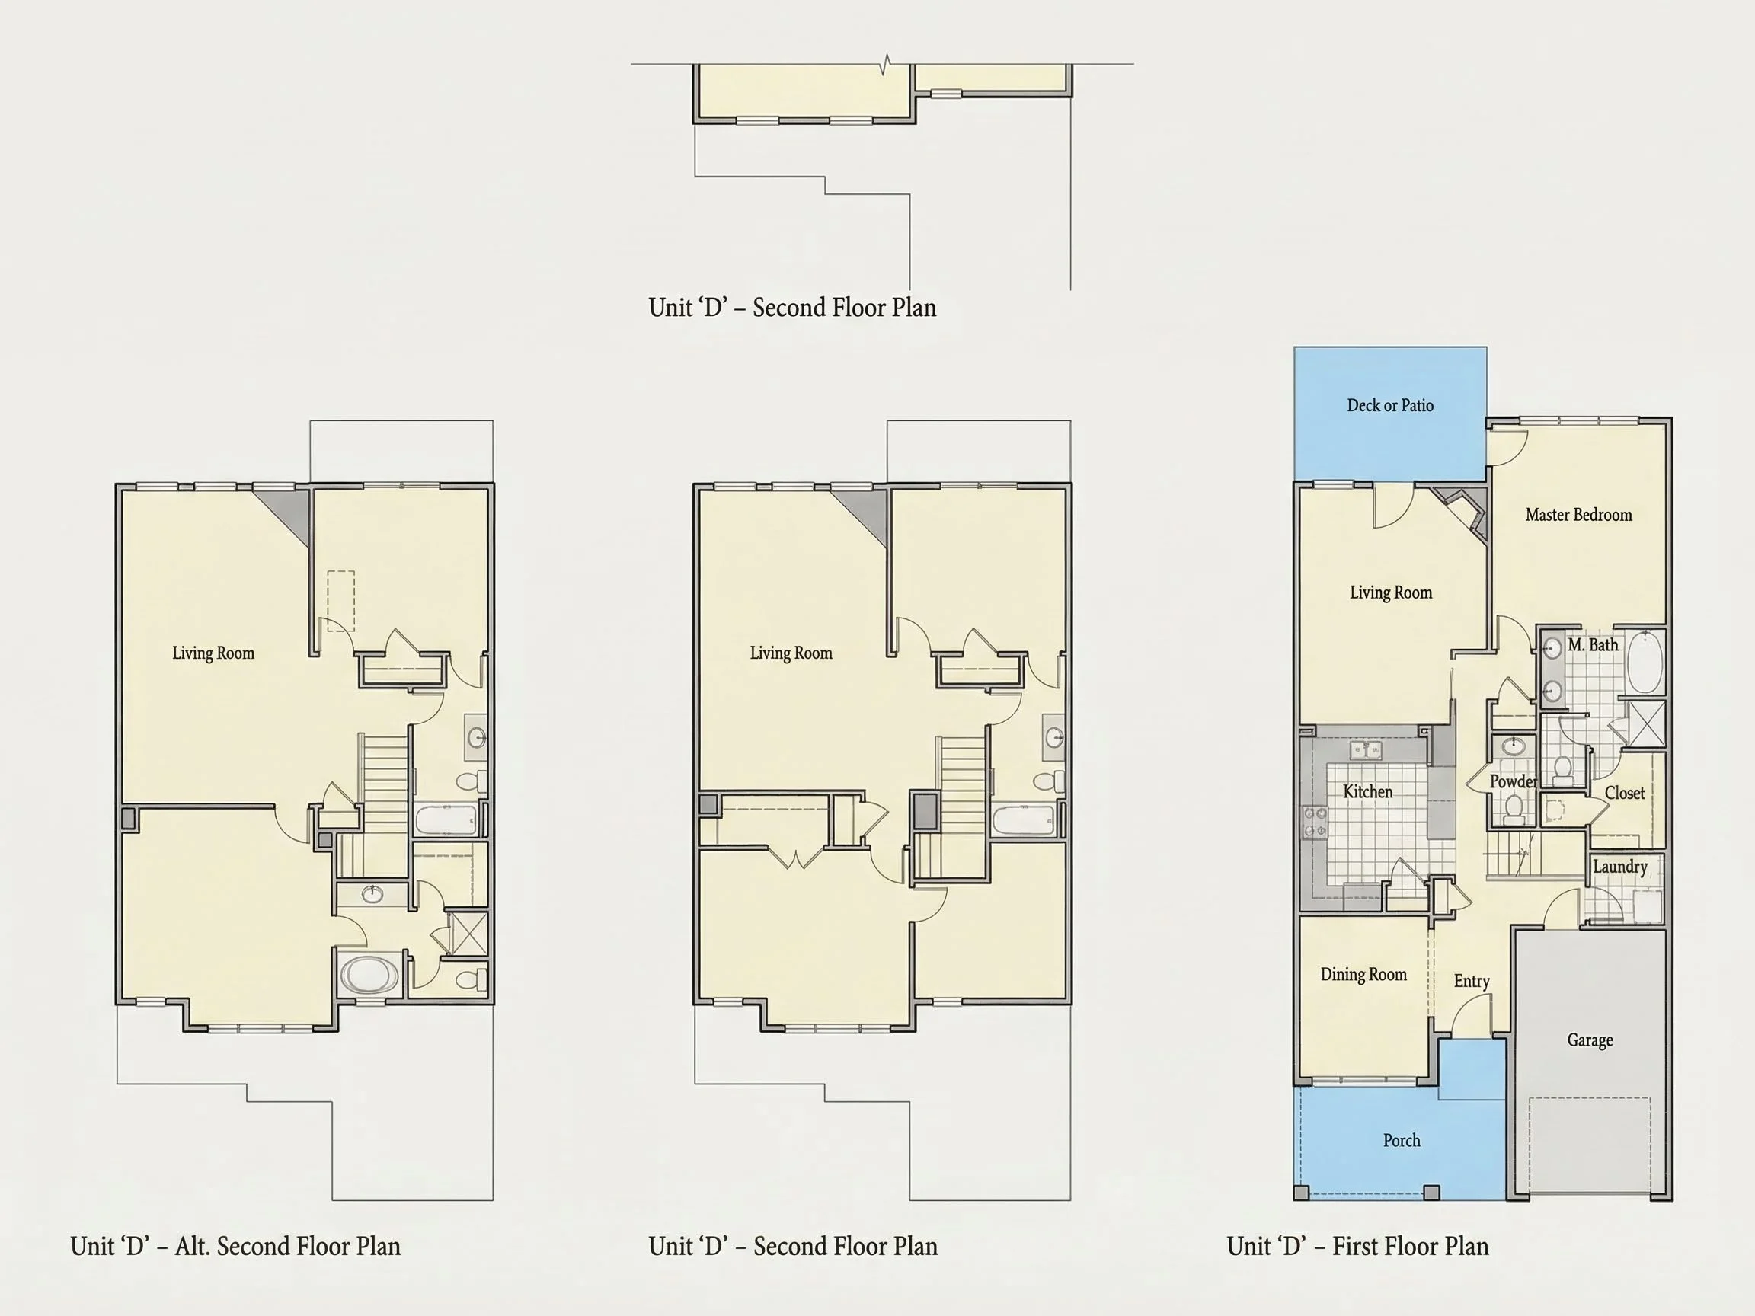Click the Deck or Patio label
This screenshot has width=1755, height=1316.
[x=1390, y=405]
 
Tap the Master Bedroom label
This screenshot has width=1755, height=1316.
[x=1579, y=515]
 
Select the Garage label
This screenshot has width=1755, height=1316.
[x=1590, y=1040]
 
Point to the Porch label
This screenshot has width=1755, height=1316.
[x=1402, y=1140]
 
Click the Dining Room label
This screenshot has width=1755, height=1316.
[x=1363, y=974]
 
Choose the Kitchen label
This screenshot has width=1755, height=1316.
[x=1368, y=792]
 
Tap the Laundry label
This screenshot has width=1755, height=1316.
[x=1620, y=867]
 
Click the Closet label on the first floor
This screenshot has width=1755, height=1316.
[x=1625, y=793]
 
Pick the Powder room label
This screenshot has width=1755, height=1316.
[x=1513, y=781]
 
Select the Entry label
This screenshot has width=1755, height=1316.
[x=1472, y=981]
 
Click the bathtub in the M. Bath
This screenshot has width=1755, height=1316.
[x=1644, y=662]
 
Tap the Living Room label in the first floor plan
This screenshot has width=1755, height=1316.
[x=1392, y=593]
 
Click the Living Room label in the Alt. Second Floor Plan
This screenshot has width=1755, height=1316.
[x=213, y=653]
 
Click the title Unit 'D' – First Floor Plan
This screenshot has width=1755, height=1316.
[x=1357, y=1246]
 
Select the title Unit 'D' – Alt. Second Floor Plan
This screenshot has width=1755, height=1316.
[x=235, y=1246]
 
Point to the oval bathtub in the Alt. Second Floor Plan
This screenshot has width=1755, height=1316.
[x=369, y=975]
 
